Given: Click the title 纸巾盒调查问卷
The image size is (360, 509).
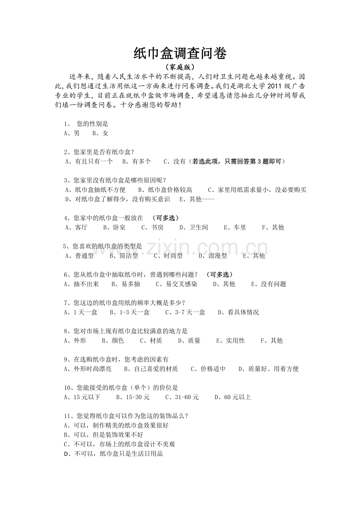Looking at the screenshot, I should (180, 54).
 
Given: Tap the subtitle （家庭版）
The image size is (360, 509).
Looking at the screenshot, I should (180, 67).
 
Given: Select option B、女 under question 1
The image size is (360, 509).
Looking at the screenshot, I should (100, 133).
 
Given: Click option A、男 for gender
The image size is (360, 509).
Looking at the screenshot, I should (72, 133).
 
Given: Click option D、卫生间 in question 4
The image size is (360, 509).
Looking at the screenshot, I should (193, 228).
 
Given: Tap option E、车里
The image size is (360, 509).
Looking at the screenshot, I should (235, 228).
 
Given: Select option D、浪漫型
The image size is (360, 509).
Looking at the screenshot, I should (212, 256).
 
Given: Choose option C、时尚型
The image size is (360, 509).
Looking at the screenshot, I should (168, 256).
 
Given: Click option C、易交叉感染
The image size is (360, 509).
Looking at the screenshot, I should (176, 284).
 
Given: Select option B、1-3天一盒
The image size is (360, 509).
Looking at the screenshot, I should (130, 312).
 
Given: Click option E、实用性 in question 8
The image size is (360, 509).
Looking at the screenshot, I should (230, 341).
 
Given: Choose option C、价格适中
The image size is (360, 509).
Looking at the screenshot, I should (208, 369).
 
